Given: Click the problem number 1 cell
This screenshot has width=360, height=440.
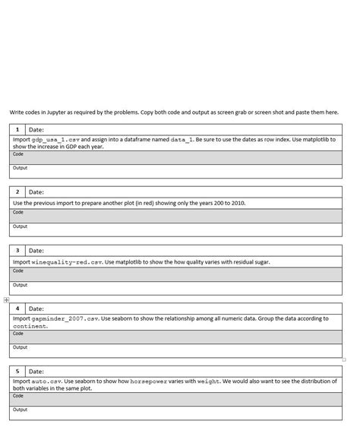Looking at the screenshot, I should pyautogui.click(x=17, y=130).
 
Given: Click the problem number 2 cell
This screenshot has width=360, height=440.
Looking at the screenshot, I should pyautogui.click(x=17, y=192).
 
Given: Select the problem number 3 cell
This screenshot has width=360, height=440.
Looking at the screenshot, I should pyautogui.click(x=17, y=250).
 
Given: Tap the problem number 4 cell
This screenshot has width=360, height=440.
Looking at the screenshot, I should pyautogui.click(x=17, y=309).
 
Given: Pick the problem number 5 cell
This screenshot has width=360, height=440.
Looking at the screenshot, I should pyautogui.click(x=17, y=371).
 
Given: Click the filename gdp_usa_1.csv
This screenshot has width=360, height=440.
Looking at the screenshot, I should pyautogui.click(x=55, y=140).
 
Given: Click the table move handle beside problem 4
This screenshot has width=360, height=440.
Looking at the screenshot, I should pyautogui.click(x=6, y=300).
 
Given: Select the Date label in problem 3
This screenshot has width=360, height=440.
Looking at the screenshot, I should pyautogui.click(x=36, y=250).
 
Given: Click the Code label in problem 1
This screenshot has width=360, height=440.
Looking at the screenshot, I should pyautogui.click(x=18, y=154).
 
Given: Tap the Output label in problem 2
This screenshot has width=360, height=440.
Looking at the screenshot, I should pyautogui.click(x=20, y=226).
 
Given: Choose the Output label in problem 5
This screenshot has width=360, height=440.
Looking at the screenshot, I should pyautogui.click(x=20, y=410).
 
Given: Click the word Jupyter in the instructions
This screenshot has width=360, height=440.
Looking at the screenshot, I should pyautogui.click(x=58, y=112).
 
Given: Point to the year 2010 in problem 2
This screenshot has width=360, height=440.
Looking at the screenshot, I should pyautogui.click(x=237, y=203).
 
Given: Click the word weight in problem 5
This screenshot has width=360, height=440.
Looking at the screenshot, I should pyautogui.click(x=208, y=381).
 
